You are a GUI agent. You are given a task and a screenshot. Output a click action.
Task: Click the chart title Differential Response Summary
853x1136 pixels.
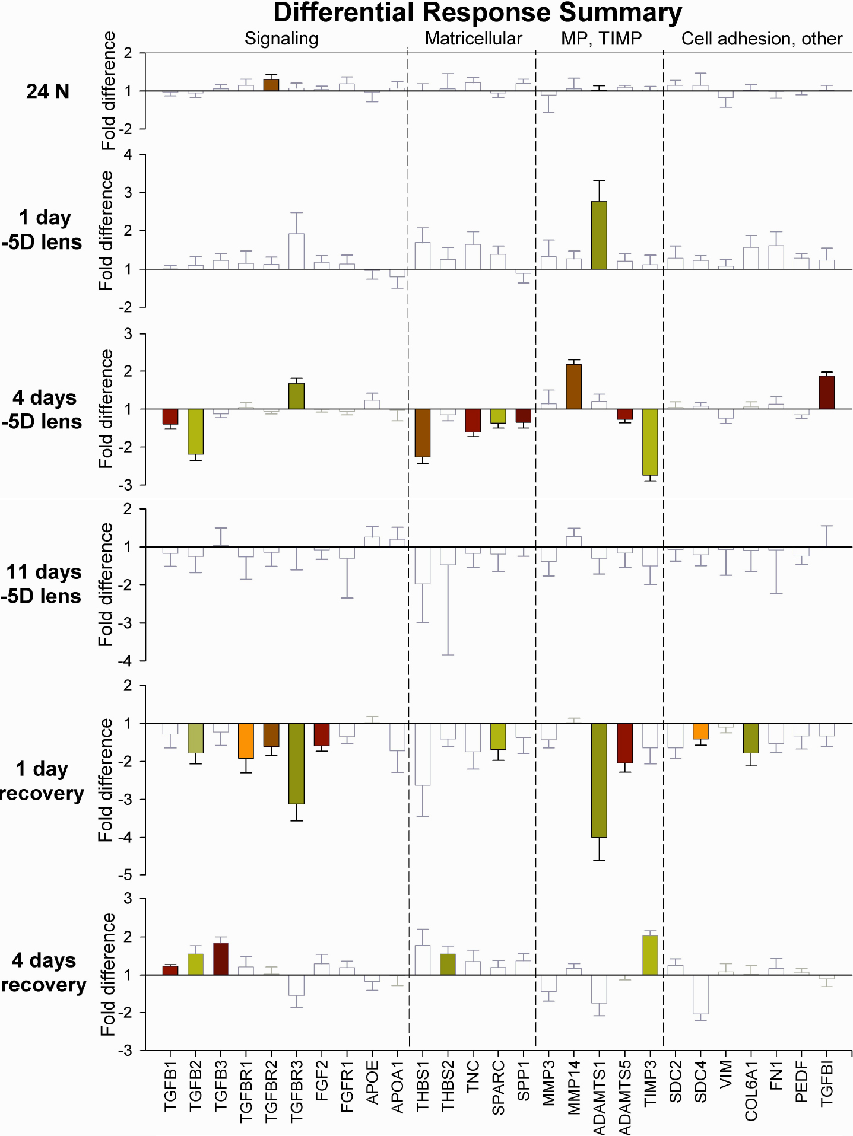[x=477, y=13]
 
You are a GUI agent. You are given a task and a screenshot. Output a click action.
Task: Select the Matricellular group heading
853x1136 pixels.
[x=473, y=39]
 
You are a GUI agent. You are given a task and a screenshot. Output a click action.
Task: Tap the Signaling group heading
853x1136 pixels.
[x=281, y=39]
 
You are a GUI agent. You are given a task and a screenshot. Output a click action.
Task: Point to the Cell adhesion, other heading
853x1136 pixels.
[x=762, y=39]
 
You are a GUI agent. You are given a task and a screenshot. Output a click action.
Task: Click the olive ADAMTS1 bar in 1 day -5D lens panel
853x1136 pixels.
[x=599, y=235]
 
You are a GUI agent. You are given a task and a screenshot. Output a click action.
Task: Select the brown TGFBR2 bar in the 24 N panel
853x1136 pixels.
[x=271, y=85]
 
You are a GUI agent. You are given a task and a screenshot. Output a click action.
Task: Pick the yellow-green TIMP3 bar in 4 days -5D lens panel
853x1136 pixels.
[x=650, y=442]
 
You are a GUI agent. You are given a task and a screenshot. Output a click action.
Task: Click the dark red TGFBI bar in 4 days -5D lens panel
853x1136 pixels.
[x=826, y=392]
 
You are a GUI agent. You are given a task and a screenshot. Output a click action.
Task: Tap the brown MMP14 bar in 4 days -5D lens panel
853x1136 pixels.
[x=574, y=387]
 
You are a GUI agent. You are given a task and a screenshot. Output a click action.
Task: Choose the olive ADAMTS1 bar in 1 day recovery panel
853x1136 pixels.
[x=599, y=780]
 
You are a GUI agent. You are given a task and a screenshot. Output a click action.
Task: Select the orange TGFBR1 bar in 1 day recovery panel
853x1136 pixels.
[x=246, y=740]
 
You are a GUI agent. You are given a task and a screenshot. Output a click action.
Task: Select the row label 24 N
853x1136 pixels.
[x=47, y=91]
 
